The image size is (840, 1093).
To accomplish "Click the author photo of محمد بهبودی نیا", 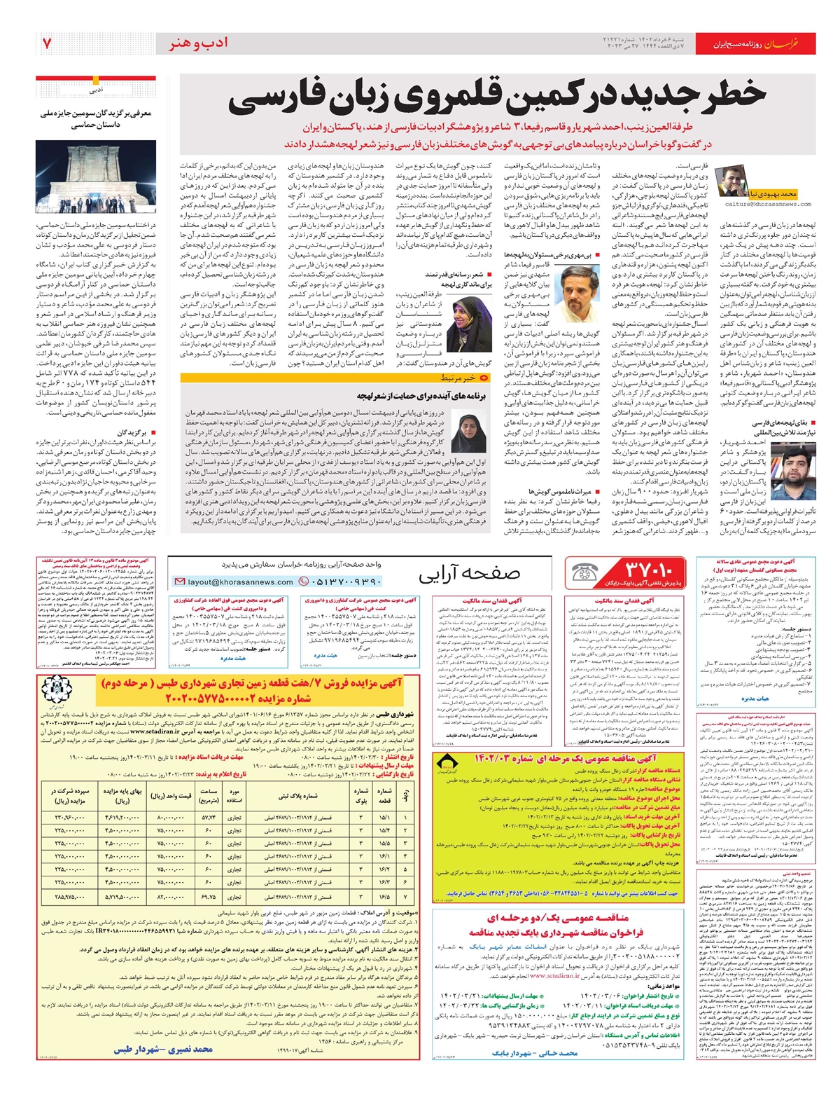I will [x=732, y=181].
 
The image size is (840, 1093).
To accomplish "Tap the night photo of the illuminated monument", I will [x=96, y=176].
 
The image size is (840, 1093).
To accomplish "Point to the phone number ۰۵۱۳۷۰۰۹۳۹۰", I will [x=341, y=582].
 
